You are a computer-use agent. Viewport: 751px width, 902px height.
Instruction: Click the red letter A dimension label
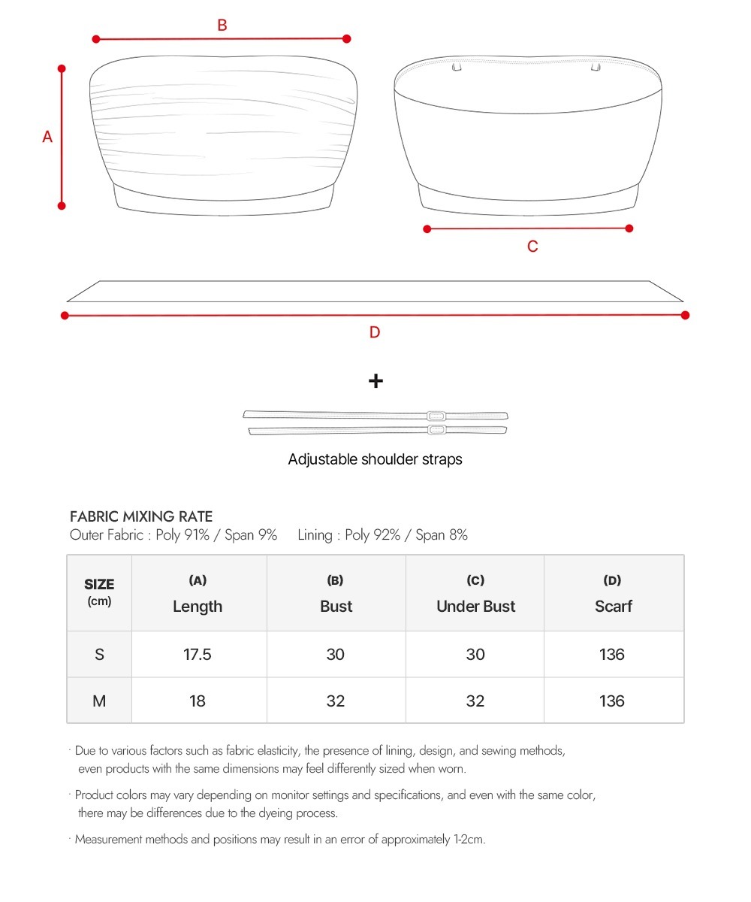[x=47, y=137]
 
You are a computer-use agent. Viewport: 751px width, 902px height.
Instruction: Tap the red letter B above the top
[x=222, y=26]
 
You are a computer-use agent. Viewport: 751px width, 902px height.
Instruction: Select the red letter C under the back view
[x=532, y=247]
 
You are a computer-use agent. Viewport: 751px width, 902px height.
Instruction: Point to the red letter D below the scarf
[x=375, y=332]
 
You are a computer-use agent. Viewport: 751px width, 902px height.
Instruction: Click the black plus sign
[x=375, y=381]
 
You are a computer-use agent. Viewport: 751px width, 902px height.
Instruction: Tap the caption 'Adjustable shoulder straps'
[x=375, y=459]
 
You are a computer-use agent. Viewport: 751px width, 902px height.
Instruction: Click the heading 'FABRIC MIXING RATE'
[x=141, y=516]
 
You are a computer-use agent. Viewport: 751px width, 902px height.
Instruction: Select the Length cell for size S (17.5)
[x=198, y=654]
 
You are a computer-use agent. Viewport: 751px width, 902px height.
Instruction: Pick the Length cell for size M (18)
[x=198, y=701]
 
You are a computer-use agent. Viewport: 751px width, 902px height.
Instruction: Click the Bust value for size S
[x=336, y=654]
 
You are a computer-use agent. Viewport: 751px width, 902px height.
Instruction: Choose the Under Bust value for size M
[x=475, y=701]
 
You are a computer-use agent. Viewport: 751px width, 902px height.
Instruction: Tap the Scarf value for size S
[x=612, y=654]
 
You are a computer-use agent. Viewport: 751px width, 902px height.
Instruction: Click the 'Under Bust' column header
[x=475, y=606]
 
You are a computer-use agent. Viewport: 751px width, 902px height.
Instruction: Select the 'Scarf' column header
[x=613, y=606]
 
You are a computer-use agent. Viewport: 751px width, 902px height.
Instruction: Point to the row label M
[x=99, y=701]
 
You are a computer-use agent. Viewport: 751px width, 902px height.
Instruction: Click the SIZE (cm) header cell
[x=99, y=592]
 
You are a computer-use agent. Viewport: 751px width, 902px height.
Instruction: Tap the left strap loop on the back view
[x=456, y=68]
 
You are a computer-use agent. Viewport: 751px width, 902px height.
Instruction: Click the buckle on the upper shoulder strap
[x=436, y=416]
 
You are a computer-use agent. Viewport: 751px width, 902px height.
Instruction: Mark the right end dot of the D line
[x=685, y=315]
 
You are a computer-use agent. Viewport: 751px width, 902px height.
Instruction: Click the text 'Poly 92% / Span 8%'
[x=406, y=535]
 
